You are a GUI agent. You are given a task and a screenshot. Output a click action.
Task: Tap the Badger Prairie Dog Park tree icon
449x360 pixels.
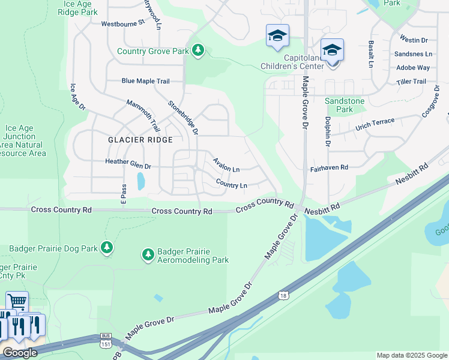tap(106, 248)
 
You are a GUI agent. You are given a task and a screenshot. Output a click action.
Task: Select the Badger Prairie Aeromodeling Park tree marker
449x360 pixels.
tap(148, 255)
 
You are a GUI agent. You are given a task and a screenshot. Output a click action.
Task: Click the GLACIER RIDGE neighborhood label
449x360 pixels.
tap(140, 140)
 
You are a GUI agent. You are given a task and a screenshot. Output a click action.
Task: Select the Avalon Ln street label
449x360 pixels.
tap(226, 164)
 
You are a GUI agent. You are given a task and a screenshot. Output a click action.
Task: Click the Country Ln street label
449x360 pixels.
tap(231, 184)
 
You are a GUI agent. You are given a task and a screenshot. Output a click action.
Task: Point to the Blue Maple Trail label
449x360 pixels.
tap(145, 81)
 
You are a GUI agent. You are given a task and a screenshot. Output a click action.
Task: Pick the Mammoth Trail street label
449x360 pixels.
tap(143, 116)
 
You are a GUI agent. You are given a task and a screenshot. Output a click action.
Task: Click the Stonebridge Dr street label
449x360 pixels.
tap(183, 117)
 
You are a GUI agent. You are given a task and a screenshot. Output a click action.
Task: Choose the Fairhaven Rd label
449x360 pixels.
tap(329, 169)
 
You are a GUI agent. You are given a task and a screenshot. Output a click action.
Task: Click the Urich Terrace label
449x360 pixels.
tap(375, 124)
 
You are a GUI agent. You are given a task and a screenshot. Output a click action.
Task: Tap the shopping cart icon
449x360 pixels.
tap(17, 301)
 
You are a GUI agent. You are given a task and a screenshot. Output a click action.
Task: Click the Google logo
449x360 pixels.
tap(19, 353)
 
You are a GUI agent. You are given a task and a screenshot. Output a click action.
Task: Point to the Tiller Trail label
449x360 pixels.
tap(411, 82)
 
